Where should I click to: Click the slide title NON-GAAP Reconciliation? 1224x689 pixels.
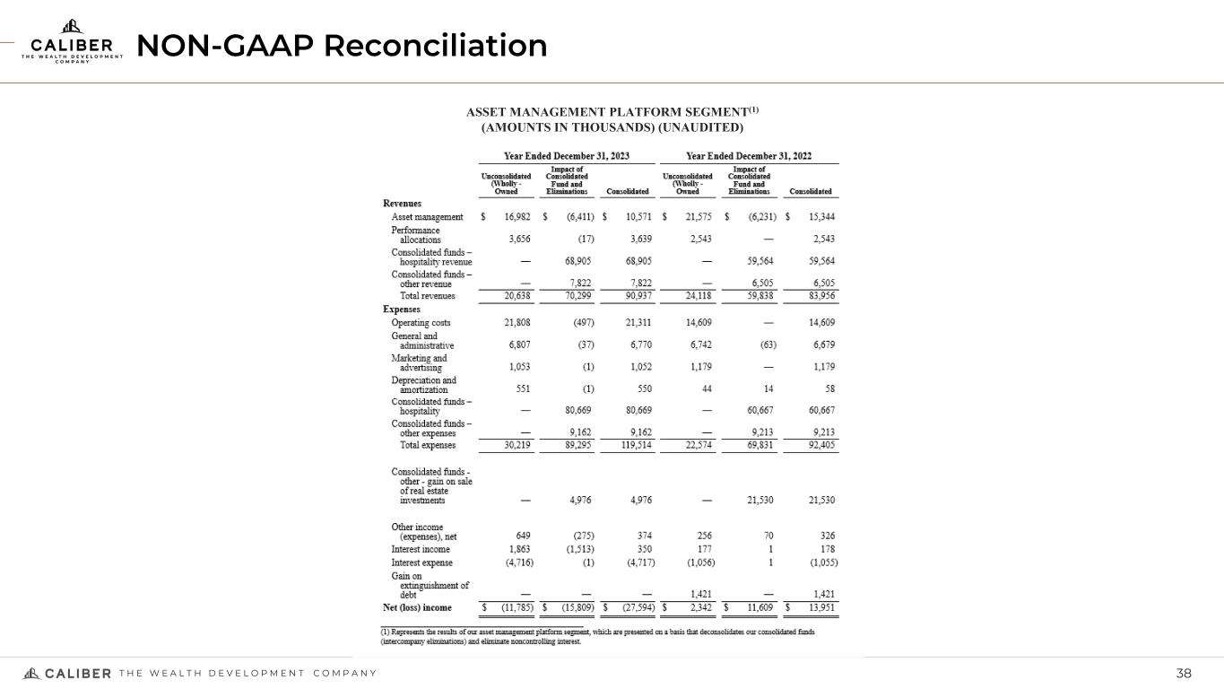click(341, 46)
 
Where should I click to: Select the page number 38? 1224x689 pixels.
click(1185, 674)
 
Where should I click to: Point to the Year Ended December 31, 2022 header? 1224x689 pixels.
click(748, 155)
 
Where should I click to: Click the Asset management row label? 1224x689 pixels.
click(427, 217)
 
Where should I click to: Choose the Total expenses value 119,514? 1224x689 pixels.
click(630, 445)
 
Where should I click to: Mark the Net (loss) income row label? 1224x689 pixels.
click(417, 607)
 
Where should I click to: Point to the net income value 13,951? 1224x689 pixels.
click(815, 607)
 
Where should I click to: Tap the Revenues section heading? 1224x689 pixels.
click(403, 204)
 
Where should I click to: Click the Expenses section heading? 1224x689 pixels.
click(403, 309)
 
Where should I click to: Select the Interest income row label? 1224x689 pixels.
click(421, 549)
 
